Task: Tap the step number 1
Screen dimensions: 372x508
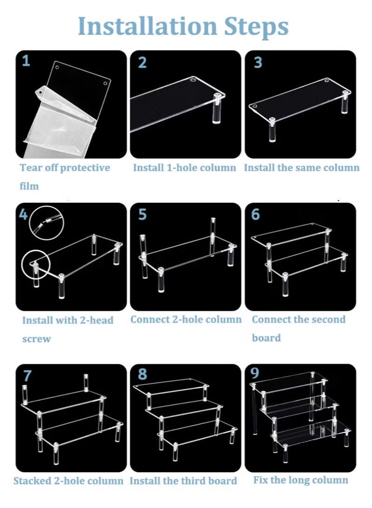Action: click(26, 60)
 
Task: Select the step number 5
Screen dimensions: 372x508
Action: click(142, 214)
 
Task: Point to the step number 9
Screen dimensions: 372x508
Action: click(255, 373)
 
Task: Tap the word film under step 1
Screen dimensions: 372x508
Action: click(29, 186)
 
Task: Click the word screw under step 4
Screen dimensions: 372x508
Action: click(37, 339)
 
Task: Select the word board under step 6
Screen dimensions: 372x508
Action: click(266, 338)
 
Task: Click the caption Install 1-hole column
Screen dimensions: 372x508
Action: click(185, 168)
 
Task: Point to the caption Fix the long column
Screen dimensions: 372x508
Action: click(301, 480)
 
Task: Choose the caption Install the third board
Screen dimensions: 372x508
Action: click(183, 481)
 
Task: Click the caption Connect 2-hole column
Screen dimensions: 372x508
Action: click(186, 320)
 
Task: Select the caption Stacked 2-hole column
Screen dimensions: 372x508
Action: click(68, 481)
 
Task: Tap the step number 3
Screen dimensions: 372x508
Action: click(258, 62)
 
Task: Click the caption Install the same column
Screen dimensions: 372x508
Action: click(302, 168)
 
